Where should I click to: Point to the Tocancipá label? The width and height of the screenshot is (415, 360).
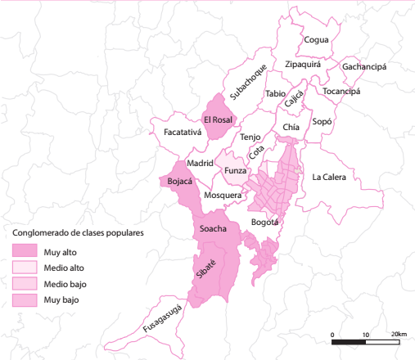coord(341,91)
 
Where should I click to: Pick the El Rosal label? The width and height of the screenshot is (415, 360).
coord(219,119)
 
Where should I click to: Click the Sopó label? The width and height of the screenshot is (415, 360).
coord(323,121)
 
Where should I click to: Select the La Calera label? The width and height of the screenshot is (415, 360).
coord(329,177)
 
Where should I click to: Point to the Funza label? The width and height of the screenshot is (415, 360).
coord(236,170)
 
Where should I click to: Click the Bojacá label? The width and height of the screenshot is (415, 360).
coord(179,181)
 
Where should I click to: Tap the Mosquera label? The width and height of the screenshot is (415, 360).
coord(223,196)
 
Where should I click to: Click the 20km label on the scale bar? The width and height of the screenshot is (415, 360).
coord(399,334)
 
